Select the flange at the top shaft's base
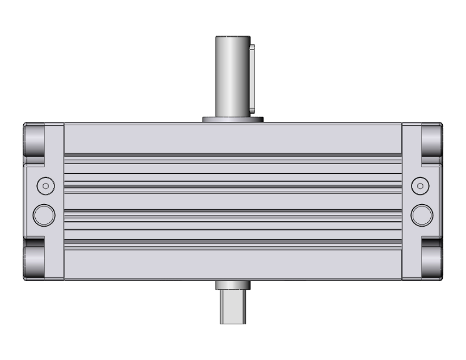point(232,118)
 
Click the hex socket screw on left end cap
point(44,185)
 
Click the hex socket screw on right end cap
point(420,185)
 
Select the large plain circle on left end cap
point(44,214)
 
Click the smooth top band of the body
point(232,138)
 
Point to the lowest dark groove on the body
point(232,241)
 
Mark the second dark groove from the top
point(232,185)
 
